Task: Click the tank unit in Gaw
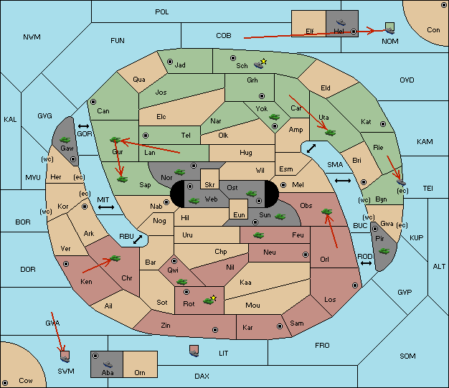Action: click(65, 140)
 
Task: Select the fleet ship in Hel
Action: click(341, 22)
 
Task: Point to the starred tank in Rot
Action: click(209, 300)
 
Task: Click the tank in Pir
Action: click(384, 251)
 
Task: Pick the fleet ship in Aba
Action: click(108, 364)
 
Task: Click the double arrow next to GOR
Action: click(83, 126)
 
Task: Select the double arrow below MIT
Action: click(106, 207)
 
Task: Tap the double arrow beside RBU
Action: click(138, 240)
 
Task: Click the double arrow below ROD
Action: click(366, 263)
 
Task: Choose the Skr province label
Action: click(209, 185)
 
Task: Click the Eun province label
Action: click(239, 214)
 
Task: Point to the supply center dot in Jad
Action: click(170, 62)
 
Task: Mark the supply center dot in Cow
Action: click(5, 382)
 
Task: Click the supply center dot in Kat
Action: click(383, 124)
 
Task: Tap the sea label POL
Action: click(162, 12)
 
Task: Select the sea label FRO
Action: click(322, 346)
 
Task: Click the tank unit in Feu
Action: click(259, 235)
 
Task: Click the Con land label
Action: click(433, 30)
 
